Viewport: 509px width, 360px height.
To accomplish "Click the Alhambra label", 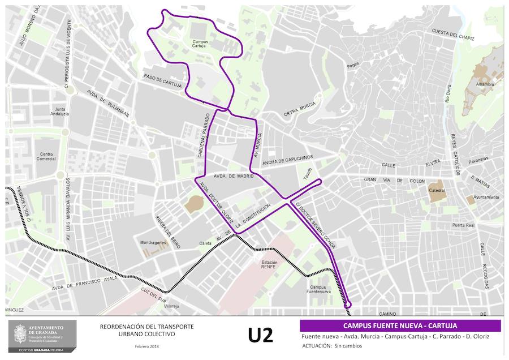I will tap(485, 84).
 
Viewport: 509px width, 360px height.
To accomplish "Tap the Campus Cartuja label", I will tap(200, 44).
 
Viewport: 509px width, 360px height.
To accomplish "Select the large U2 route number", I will tap(260, 335).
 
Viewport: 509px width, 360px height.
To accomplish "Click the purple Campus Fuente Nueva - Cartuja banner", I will tap(400, 325).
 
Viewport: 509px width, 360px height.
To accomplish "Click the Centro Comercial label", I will tap(47, 156).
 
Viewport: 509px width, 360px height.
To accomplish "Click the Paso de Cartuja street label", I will tap(163, 80).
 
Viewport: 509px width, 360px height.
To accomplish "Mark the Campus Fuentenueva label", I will tap(322, 290).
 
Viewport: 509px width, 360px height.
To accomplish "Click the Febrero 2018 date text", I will tap(146, 346).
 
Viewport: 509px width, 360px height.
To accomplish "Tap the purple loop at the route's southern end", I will tap(348, 304).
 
